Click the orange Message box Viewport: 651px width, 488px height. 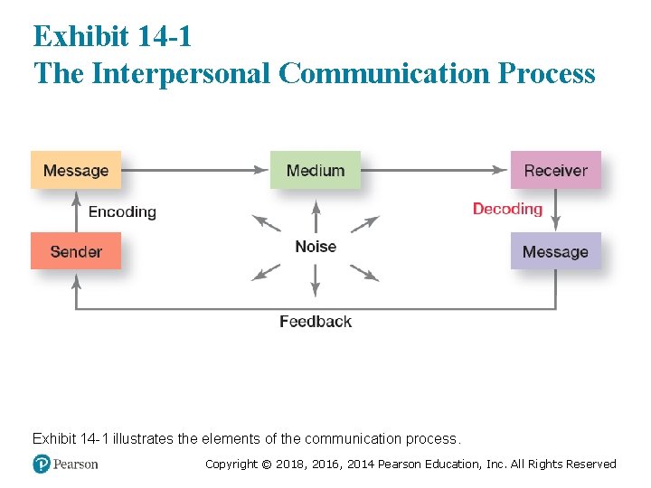(x=76, y=170)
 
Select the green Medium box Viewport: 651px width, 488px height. (x=315, y=170)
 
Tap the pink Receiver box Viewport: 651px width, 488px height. (x=555, y=170)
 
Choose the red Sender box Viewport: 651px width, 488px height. (x=76, y=251)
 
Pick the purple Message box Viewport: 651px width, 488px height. (x=555, y=251)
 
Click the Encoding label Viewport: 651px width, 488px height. (x=122, y=212)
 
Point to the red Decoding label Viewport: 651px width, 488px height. (x=507, y=209)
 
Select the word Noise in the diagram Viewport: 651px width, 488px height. (x=315, y=247)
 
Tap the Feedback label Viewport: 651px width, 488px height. (x=315, y=321)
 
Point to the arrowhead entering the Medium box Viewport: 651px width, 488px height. (x=263, y=169)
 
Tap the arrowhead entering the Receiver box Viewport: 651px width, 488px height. (x=504, y=169)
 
